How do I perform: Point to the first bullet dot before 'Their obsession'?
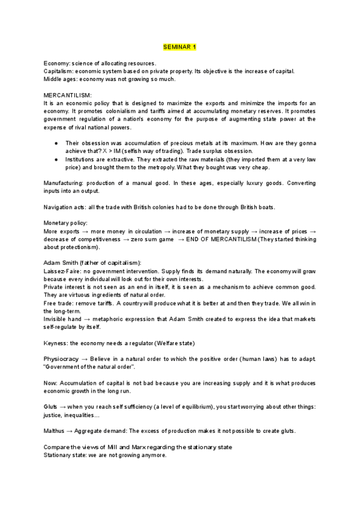(x=56, y=143)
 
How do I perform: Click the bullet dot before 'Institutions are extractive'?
(x=56, y=160)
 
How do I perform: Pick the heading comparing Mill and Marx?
(x=138, y=447)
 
